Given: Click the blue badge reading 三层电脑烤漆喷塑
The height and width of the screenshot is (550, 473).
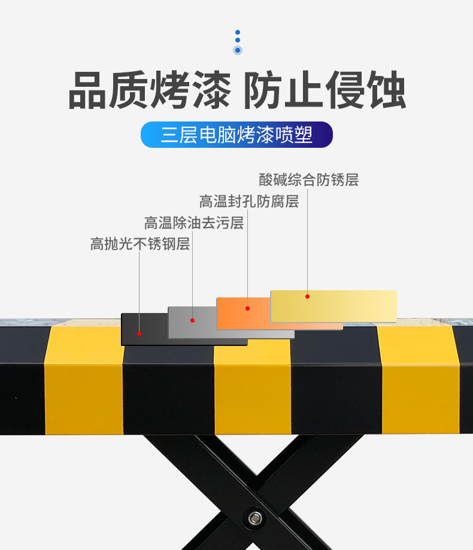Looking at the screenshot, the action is point(236,135).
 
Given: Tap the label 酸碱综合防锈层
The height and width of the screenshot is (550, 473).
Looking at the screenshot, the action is point(309,180).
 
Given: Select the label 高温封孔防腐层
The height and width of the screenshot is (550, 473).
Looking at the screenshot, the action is point(249,201).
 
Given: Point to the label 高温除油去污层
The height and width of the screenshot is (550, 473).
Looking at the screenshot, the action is point(194,223).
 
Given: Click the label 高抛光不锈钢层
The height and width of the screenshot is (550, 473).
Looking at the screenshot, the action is point(140,244).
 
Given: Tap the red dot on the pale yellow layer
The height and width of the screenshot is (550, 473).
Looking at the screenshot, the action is point(307,296).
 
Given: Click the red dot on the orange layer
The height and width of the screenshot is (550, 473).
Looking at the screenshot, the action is point(247,308).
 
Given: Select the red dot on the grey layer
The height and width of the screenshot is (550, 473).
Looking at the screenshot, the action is point(192,320).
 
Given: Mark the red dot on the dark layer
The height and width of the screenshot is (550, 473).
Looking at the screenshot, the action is point(140,333).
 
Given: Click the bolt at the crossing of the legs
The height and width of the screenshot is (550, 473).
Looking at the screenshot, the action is point(255,518).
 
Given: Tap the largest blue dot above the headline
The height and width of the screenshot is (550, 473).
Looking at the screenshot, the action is point(238,50).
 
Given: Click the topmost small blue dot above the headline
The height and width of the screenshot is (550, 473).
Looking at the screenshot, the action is point(238,32).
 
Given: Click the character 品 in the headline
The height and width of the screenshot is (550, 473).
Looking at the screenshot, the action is point(87,90).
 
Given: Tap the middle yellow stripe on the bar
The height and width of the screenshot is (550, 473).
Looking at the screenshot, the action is point(253,387).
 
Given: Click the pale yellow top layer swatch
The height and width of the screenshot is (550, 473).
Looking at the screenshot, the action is point(333,306).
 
